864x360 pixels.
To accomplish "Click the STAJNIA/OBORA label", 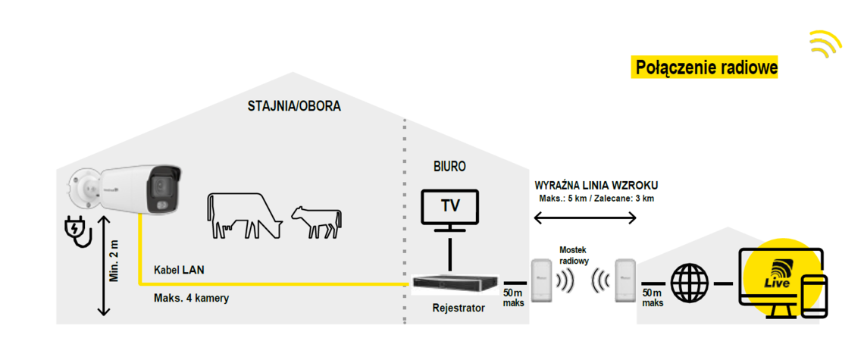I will [294, 106].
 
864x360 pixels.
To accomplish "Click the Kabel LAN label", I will [179, 270].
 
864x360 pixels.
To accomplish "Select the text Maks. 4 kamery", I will [191, 299].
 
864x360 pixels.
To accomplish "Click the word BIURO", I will [449, 166].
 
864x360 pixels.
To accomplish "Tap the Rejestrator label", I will [459, 308].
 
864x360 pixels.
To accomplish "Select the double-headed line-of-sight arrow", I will [585, 218].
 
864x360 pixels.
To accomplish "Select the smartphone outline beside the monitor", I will [814, 298].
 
